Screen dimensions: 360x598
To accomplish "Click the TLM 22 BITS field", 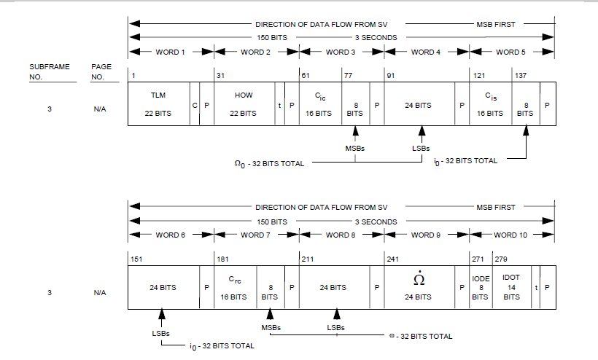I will pyautogui.click(x=158, y=104).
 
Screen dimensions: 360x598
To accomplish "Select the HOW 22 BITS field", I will pyautogui.click(x=244, y=104).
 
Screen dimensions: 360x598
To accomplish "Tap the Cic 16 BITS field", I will pyautogui.click(x=319, y=104).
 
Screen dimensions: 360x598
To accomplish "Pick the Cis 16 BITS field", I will pyautogui.click(x=490, y=104).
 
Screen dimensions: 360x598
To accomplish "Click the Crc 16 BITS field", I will pyautogui.click(x=234, y=287).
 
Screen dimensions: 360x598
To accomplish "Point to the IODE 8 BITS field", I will pyautogui.click(x=480, y=287).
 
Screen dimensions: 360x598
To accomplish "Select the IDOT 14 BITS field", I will pyautogui.click(x=511, y=287).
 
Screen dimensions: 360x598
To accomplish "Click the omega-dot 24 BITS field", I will pyautogui.click(x=419, y=287).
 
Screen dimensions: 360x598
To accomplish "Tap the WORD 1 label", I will pyautogui.click(x=171, y=52).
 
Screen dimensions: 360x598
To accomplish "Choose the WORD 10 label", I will pyautogui.click(x=511, y=235).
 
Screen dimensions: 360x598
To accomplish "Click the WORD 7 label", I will pyautogui.click(x=256, y=235).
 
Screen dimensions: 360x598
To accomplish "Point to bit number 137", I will pyautogui.click(x=521, y=75).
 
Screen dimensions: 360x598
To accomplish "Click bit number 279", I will pyautogui.click(x=501, y=259).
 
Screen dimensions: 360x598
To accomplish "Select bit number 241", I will pyautogui.click(x=392, y=259).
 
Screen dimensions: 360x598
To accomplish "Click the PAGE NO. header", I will pyautogui.click(x=101, y=71).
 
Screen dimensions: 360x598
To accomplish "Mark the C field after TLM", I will pyautogui.click(x=195, y=105).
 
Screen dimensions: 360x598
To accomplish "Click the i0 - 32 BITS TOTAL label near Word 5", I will pyautogui.click(x=465, y=160).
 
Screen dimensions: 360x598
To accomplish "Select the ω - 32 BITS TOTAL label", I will pyautogui.click(x=421, y=336).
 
